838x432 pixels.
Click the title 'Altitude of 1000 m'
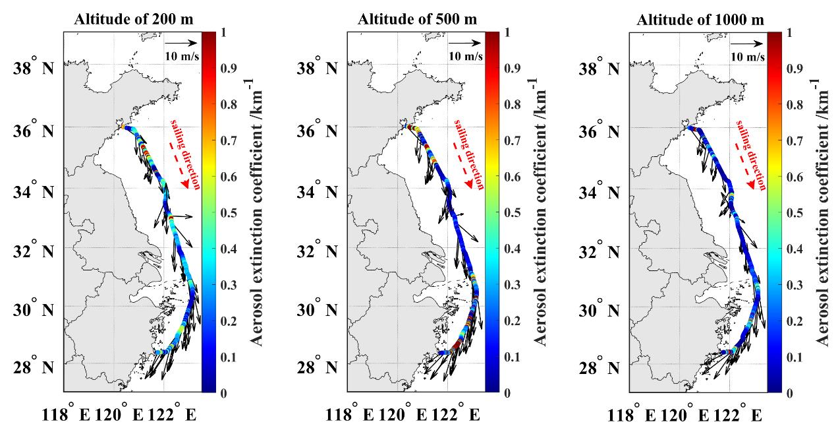point(700,19)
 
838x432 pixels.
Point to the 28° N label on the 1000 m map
point(601,366)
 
